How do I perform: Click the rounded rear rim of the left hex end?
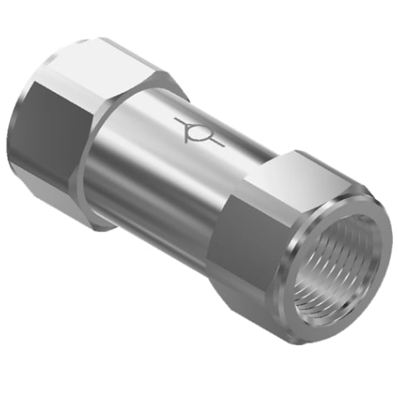(x=20, y=124)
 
